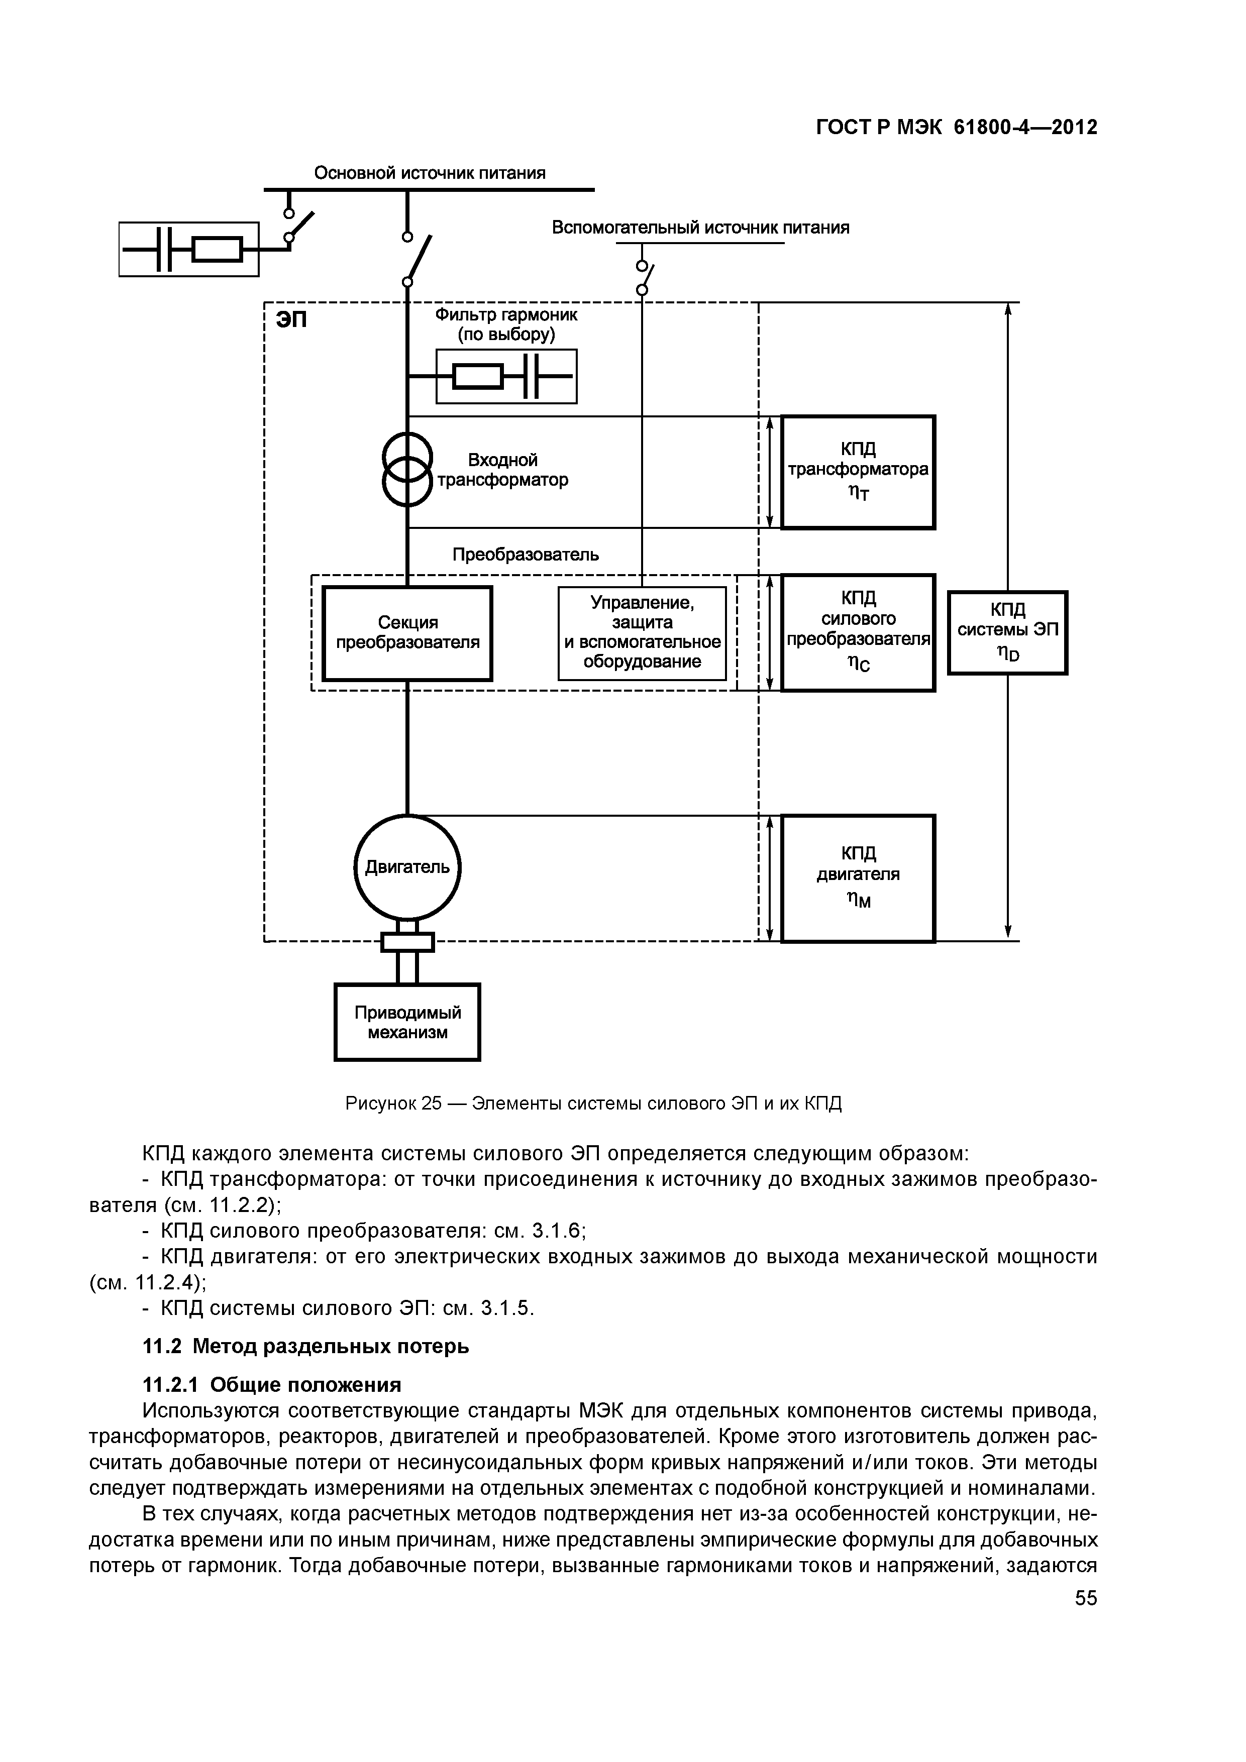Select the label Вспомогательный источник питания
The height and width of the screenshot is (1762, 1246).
700,228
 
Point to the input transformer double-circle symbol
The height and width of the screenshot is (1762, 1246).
407,470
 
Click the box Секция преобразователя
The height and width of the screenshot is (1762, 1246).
407,633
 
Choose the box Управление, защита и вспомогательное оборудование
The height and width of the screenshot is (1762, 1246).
642,633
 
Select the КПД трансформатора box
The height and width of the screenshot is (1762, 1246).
858,472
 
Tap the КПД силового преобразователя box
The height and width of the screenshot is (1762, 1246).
858,632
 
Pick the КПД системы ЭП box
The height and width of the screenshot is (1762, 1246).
1007,632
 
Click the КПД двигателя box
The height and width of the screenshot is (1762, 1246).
858,878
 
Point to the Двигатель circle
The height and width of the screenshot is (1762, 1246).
407,867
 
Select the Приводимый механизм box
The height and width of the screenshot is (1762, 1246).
407,1022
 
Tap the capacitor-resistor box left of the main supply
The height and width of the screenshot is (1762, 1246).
189,249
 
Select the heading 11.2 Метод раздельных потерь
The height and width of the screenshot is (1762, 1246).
305,1346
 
